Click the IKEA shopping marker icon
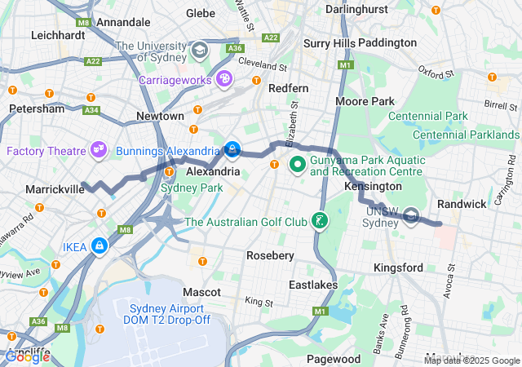[x=100, y=245]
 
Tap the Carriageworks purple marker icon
[x=224, y=79]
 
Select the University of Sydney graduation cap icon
[x=199, y=52]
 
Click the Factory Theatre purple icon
[x=99, y=150]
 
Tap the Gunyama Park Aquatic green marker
[x=296, y=165]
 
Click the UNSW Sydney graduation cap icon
[x=412, y=215]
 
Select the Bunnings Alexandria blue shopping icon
[x=232, y=150]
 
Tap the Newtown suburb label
[x=160, y=117]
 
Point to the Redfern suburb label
[x=288, y=87]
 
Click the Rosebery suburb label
[x=270, y=255]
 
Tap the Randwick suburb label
[x=462, y=203]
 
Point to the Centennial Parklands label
[x=466, y=135]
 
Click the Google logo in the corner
[x=27, y=356]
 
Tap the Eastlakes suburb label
[x=312, y=285]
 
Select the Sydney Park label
[x=192, y=188]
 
